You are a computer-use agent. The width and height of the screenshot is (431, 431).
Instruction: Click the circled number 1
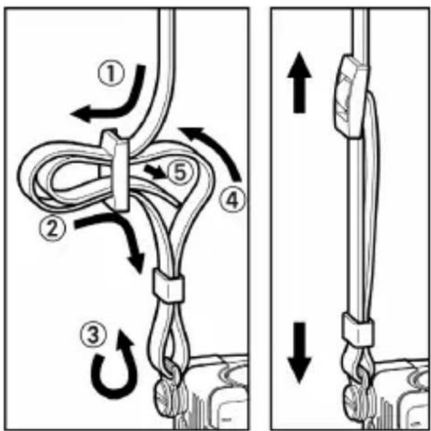(111, 73)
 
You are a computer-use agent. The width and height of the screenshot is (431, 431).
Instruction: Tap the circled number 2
(52, 228)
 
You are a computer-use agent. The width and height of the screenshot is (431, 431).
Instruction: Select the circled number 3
(93, 334)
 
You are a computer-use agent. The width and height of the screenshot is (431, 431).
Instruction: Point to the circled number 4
(232, 200)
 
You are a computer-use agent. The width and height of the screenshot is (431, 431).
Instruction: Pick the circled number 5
(180, 173)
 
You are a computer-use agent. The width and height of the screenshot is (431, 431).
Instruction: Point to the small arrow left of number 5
(155, 171)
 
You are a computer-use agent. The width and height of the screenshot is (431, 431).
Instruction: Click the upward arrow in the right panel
(299, 82)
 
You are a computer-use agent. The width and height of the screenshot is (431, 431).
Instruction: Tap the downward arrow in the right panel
(299, 353)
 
